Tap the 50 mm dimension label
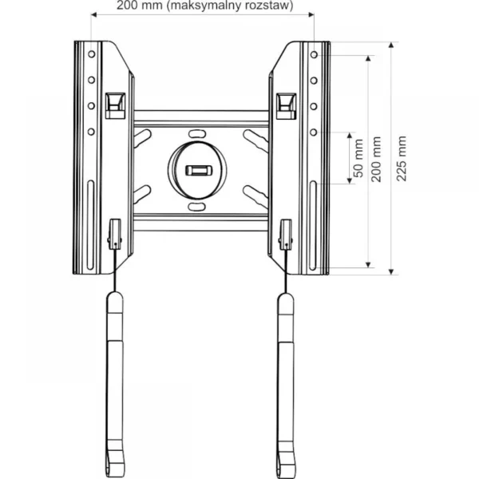(358, 157)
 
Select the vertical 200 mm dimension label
(380, 158)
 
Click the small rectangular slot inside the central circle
(196, 170)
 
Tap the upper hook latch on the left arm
(116, 103)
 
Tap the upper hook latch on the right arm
(285, 103)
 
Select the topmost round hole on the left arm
(92, 53)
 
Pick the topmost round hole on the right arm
(314, 53)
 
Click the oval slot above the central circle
(196, 133)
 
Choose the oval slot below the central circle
(196, 208)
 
